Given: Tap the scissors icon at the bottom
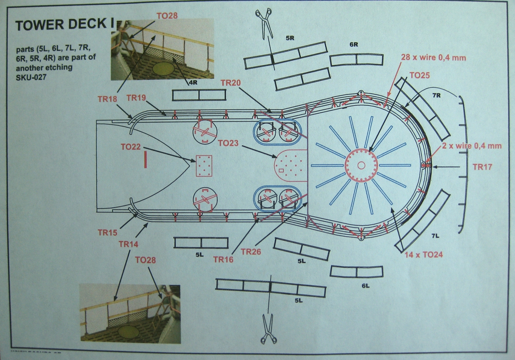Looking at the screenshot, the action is pyautogui.click(x=269, y=328).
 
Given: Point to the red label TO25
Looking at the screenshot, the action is pyautogui.click(x=420, y=75).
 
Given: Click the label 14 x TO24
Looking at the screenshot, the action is pyautogui.click(x=424, y=254).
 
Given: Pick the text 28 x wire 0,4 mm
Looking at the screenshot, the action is pyautogui.click(x=433, y=58).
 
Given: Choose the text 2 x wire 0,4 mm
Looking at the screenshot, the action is pyautogui.click(x=471, y=146).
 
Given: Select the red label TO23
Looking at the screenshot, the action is pyautogui.click(x=229, y=143).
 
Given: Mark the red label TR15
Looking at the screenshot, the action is pyautogui.click(x=107, y=232).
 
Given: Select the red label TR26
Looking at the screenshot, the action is pyautogui.click(x=251, y=252).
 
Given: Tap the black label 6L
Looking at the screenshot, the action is pyautogui.click(x=365, y=286).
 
